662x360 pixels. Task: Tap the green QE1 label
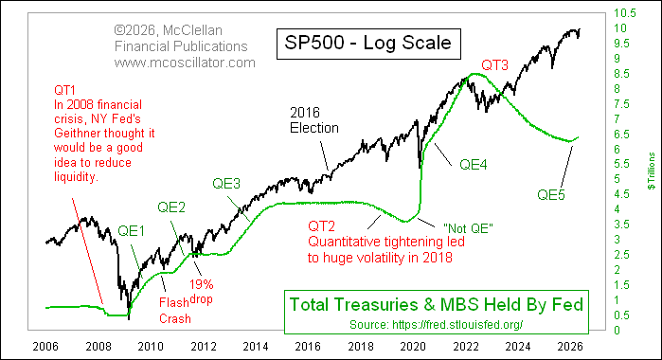[x=134, y=230]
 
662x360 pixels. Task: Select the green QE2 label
[x=171, y=206]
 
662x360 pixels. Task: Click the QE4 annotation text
[x=475, y=164]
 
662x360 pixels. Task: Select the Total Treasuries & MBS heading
[x=434, y=304]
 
